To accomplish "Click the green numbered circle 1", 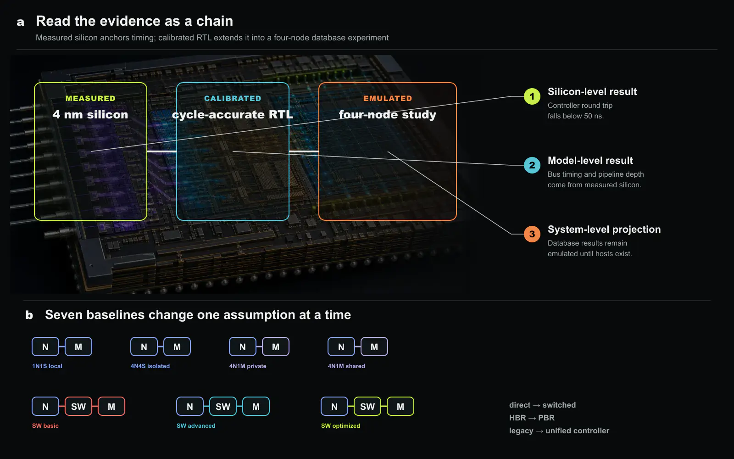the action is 532,96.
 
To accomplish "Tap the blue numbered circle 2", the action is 532,165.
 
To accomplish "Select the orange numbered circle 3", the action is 532,234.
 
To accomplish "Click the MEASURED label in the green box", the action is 90,98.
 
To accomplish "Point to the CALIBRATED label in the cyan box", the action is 233,98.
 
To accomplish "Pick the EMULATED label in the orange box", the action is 388,98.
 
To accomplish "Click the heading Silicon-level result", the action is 592,91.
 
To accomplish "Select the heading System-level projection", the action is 604,229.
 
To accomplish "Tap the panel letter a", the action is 20,22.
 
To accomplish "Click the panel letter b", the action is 29,315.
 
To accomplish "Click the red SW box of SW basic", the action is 78,407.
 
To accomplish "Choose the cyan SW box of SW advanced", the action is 223,407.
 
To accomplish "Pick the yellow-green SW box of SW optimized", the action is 367,407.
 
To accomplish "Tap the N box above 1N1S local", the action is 45,347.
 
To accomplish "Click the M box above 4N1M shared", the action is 374,347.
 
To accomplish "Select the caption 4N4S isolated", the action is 150,366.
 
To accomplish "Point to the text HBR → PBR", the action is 532,418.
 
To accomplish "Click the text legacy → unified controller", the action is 559,431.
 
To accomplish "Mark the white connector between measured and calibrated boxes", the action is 161,151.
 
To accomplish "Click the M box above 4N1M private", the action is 276,347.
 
